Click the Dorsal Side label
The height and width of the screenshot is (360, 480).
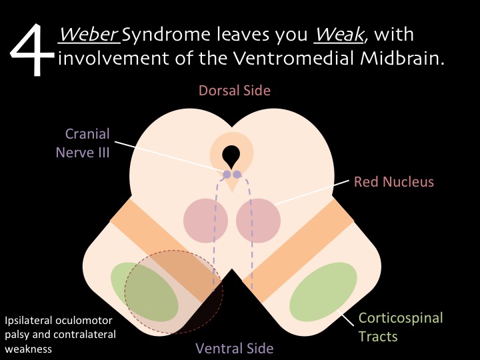pyautogui.click(x=234, y=91)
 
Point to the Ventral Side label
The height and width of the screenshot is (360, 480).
pyautogui.click(x=234, y=347)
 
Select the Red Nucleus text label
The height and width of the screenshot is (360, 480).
pyautogui.click(x=393, y=181)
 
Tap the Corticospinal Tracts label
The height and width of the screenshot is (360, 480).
pyautogui.click(x=401, y=326)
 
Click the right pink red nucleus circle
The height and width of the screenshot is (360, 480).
pyautogui.click(x=257, y=221)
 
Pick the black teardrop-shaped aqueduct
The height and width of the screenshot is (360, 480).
pyautogui.click(x=231, y=156)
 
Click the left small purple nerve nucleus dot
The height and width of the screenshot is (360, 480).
pyautogui.click(x=227, y=175)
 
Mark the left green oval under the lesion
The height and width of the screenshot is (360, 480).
pyautogui.click(x=144, y=291)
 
